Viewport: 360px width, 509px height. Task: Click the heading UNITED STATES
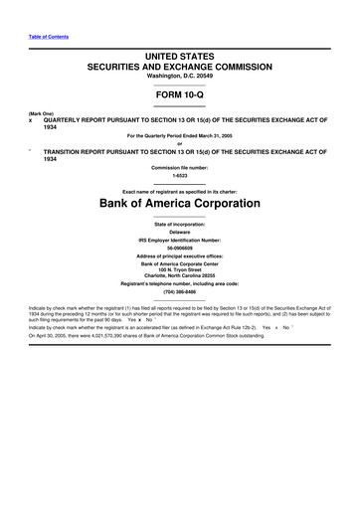[x=180, y=62]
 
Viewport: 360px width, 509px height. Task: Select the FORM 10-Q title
[x=180, y=96]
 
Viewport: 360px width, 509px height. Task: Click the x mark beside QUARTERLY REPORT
[x=17, y=120]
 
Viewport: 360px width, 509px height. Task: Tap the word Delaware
[x=180, y=233]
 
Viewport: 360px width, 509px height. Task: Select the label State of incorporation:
[x=180, y=225]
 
